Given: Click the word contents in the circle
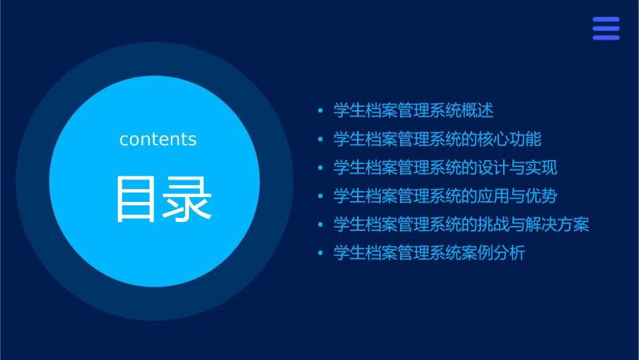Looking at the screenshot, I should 158,139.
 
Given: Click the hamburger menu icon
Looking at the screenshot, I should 605,28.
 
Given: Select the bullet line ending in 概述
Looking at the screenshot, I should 413,110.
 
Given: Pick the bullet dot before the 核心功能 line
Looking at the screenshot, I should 321,139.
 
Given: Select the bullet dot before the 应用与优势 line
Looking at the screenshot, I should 321,196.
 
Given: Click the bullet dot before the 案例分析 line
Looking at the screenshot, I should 321,254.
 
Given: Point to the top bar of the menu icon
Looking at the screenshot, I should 605,20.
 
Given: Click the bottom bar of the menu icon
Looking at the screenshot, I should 605,38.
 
